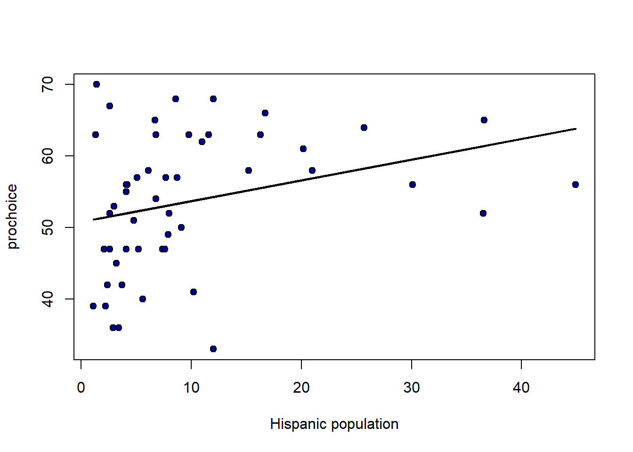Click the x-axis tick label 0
(81, 388)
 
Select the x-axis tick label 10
(191, 388)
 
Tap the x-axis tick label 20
(301, 388)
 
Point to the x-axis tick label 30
(412, 388)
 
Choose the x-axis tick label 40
(521, 388)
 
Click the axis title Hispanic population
(334, 424)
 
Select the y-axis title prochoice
(12, 217)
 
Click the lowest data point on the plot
(213, 349)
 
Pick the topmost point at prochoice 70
(96, 84)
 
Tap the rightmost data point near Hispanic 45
(575, 185)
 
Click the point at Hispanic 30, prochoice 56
(412, 185)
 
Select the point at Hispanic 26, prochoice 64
(364, 128)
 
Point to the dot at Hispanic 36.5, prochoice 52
(483, 213)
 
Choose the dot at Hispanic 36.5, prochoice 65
(484, 120)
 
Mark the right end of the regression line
(576, 129)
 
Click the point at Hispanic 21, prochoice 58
(312, 170)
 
